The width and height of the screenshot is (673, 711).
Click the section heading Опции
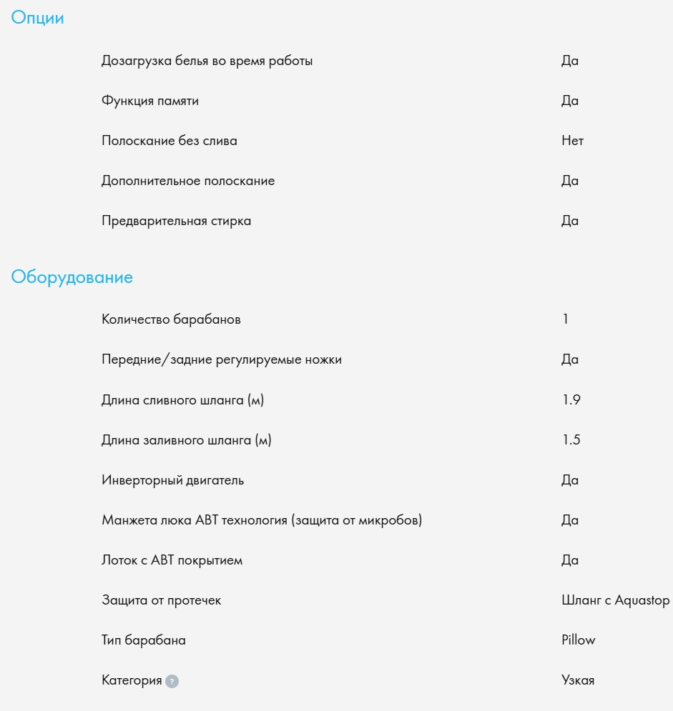[x=37, y=19]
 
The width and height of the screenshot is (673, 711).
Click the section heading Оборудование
[x=72, y=277]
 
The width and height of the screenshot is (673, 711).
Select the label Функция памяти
[x=150, y=101]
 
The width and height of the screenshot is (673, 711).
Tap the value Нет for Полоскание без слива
[x=573, y=141]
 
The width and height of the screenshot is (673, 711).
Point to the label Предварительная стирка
[x=176, y=221]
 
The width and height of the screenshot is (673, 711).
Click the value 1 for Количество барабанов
[x=566, y=319]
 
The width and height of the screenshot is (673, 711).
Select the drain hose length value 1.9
[x=571, y=400]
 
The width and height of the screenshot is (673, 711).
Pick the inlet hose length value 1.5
[x=571, y=440]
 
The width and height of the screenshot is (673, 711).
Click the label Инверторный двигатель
[x=172, y=480]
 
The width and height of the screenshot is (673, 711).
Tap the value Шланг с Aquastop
[x=616, y=600]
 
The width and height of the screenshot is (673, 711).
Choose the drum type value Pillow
[x=579, y=640]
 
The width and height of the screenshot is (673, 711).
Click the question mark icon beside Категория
[x=172, y=682]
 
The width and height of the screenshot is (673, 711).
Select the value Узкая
[x=578, y=680]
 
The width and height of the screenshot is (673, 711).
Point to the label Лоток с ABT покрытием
[x=172, y=560]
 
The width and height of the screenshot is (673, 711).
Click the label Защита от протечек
[x=161, y=600]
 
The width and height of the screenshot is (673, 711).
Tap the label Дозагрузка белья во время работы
[x=207, y=61]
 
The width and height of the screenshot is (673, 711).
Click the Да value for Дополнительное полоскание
[x=570, y=181]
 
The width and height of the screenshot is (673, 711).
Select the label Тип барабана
[x=143, y=640]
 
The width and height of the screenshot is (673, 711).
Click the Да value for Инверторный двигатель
[x=570, y=480]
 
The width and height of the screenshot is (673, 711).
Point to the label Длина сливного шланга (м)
[x=182, y=400]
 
